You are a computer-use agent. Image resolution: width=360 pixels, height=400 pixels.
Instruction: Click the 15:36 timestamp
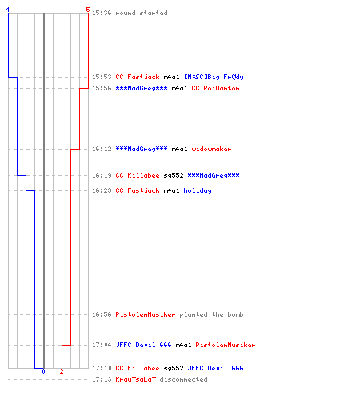click(x=102, y=13)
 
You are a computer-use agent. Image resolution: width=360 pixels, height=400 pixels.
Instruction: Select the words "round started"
click(x=142, y=13)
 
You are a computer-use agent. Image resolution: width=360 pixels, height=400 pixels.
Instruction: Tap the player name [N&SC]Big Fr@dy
click(x=214, y=77)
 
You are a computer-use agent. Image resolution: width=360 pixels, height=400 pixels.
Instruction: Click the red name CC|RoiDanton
click(x=215, y=88)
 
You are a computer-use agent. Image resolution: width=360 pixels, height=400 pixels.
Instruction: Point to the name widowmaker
click(x=211, y=149)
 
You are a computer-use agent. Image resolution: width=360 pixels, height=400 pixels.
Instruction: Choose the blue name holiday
click(x=198, y=190)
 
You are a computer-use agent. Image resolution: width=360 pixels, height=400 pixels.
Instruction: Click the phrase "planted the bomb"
click(x=211, y=314)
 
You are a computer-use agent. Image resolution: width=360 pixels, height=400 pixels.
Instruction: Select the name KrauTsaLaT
click(x=135, y=379)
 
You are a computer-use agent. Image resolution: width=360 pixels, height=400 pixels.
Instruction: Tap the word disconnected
click(x=183, y=379)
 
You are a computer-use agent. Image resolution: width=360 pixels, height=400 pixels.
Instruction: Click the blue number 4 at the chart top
click(x=8, y=10)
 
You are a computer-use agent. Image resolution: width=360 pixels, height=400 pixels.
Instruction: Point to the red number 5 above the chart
click(x=88, y=10)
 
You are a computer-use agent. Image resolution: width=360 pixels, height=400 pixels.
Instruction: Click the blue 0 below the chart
click(x=43, y=371)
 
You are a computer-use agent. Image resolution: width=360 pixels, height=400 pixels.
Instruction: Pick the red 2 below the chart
click(x=62, y=371)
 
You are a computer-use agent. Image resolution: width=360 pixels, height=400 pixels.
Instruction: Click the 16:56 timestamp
click(x=102, y=314)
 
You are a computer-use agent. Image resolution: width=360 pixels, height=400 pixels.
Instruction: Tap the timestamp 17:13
click(x=102, y=379)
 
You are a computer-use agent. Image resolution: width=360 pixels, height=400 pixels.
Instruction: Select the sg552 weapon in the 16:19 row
click(x=174, y=175)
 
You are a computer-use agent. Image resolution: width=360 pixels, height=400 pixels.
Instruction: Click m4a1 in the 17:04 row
click(x=183, y=345)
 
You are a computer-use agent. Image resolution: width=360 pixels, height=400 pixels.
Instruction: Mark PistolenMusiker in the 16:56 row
click(x=146, y=314)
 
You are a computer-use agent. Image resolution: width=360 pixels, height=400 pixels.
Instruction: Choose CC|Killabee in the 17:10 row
click(x=138, y=368)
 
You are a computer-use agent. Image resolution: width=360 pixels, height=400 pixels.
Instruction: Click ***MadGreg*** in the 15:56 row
click(x=142, y=88)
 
